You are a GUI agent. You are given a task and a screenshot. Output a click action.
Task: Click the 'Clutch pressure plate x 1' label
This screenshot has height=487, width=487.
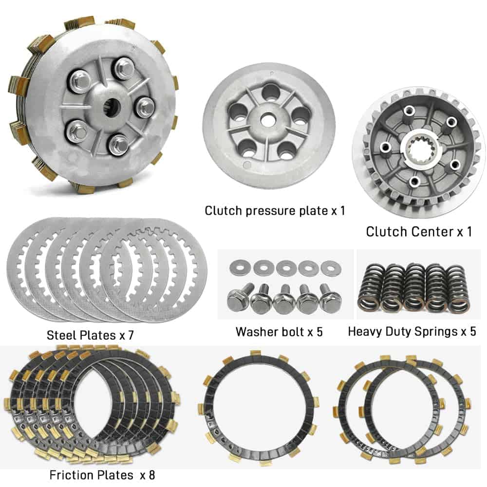275,210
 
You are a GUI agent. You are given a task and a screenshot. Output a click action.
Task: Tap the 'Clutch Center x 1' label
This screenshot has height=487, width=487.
419,232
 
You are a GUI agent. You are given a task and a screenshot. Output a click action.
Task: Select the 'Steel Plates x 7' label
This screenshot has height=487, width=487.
90,335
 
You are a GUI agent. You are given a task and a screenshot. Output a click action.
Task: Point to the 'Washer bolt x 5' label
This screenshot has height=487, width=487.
279,332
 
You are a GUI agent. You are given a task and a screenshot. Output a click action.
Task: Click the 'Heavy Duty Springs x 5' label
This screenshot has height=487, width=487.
412,331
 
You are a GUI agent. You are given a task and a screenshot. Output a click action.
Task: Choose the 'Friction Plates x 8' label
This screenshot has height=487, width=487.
102,475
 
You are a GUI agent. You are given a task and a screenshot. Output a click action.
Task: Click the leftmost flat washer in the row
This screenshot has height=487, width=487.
239,267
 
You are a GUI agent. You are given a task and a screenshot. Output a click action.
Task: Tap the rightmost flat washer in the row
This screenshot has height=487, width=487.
331,268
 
